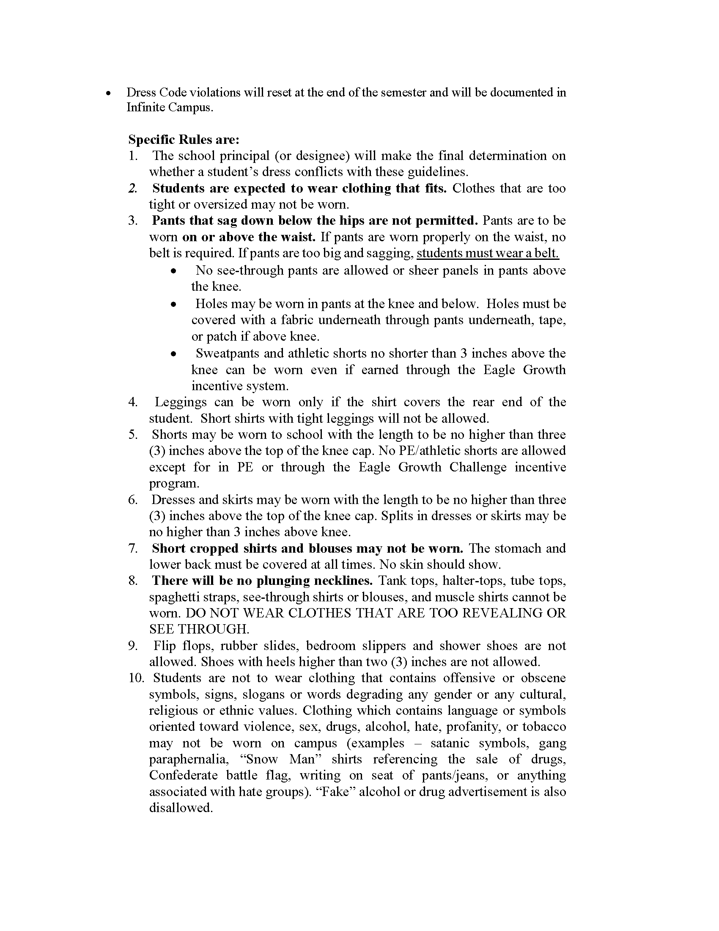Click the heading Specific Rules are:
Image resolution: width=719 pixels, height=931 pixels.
tap(184, 139)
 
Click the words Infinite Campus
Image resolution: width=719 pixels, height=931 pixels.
tap(169, 107)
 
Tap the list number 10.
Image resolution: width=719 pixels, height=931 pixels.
tap(136, 678)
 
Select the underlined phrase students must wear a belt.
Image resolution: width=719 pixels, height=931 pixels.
tap(488, 253)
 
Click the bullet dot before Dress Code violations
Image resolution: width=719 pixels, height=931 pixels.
tap(109, 93)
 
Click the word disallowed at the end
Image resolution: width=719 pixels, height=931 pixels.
tap(180, 807)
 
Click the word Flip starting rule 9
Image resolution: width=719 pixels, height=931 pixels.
tap(165, 645)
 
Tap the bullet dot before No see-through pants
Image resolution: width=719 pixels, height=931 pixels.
tap(173, 271)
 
